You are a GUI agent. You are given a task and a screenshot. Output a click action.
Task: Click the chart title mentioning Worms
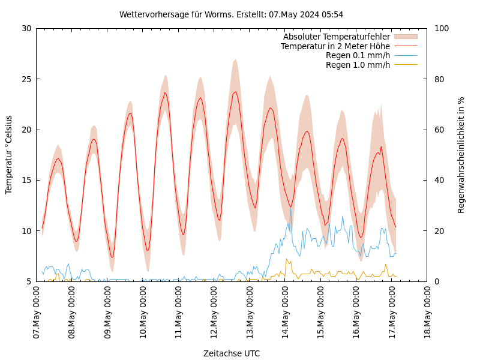231,14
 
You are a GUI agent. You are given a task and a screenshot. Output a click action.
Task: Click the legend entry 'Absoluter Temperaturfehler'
336,37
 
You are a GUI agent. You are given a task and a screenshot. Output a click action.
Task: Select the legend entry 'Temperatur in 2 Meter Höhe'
335,46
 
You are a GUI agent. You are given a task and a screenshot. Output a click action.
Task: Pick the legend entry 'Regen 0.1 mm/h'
358,56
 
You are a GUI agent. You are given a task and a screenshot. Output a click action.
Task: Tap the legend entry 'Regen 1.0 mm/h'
358,65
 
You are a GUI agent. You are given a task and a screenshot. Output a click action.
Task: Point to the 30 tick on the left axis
26,28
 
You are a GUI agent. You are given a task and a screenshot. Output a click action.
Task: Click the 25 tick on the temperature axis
26,79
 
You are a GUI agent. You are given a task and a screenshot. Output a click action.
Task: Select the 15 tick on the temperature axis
26,180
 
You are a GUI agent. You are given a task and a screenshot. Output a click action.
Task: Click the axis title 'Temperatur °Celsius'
9,154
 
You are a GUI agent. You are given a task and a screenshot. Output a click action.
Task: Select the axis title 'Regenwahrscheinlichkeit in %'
461,155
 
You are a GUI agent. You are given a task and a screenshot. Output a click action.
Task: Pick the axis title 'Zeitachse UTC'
232,353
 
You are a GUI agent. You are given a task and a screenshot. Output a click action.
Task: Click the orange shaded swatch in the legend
406,37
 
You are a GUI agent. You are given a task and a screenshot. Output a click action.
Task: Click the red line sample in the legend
406,46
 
